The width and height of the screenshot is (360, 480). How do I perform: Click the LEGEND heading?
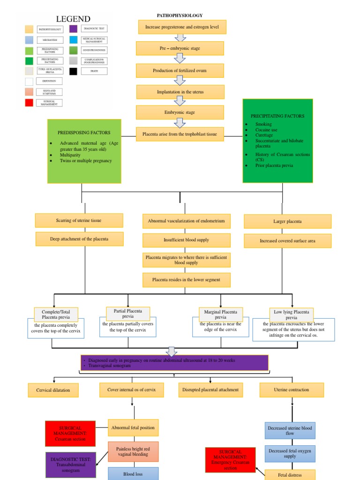(73, 19)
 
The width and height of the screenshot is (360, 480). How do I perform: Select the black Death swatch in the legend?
(74, 71)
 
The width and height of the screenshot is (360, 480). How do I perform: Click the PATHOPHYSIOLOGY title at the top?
(180, 15)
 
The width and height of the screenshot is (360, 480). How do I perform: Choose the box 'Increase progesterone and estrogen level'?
(182, 27)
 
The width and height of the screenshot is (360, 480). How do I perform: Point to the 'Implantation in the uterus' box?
(180, 92)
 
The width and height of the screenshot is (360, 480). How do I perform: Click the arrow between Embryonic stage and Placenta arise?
(180, 123)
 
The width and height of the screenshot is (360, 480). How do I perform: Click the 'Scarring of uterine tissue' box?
(79, 220)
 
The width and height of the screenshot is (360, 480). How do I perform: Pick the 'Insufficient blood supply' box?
(186, 240)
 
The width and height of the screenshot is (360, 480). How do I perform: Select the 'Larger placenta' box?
(287, 221)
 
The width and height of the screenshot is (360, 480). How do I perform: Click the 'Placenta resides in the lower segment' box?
(186, 280)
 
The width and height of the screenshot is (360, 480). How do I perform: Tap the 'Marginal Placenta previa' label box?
(220, 314)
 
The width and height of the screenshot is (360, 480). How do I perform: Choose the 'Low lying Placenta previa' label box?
(291, 314)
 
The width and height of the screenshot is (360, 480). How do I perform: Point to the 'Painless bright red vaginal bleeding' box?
(133, 451)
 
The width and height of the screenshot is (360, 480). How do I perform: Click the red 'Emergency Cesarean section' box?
(230, 459)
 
